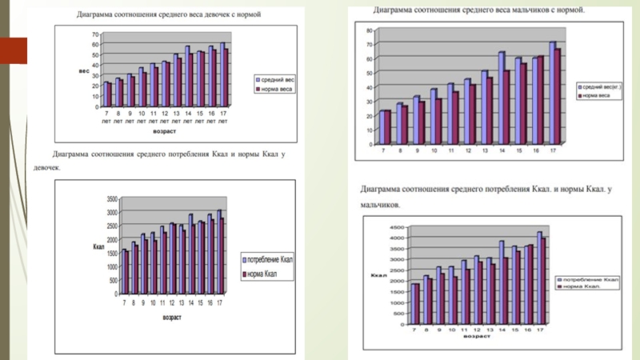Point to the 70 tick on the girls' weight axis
[95, 35]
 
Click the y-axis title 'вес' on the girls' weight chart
[83, 71]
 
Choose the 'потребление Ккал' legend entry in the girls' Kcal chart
[269, 261]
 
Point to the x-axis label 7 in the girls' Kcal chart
[124, 304]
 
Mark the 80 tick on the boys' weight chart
[369, 30]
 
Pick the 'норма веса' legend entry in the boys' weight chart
[599, 95]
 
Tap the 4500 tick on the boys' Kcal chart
[397, 228]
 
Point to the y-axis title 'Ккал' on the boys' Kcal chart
[378, 276]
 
